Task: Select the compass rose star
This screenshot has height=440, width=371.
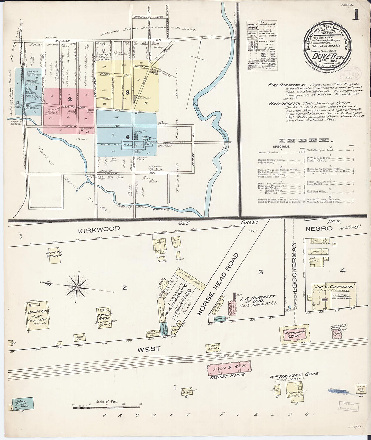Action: pyautogui.click(x=77, y=287)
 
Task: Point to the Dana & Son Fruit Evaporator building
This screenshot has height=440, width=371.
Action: pyautogui.click(x=37, y=316)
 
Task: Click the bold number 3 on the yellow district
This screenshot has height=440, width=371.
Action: pyautogui.click(x=127, y=92)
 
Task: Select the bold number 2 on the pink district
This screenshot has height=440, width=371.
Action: pyautogui.click(x=70, y=99)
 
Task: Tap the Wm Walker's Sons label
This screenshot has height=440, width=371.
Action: pyautogui.click(x=294, y=374)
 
